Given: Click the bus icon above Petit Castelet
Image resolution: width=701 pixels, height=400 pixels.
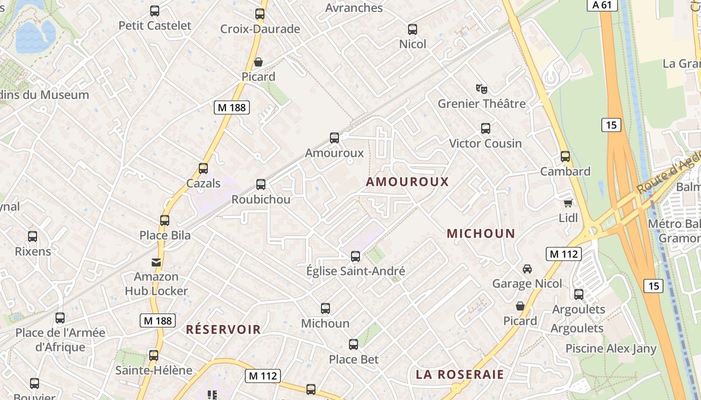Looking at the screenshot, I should coord(155,11).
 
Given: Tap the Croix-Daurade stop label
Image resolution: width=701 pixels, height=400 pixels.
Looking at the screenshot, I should coord(260,29).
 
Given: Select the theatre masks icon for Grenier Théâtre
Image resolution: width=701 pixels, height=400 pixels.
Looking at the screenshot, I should coord(482,89).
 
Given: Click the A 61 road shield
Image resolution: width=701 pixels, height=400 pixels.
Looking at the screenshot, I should coord(602,5).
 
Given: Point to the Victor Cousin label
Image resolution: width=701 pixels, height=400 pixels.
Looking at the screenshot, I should coord(485,143).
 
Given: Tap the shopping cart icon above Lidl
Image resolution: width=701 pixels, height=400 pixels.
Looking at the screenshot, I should coord(568,203).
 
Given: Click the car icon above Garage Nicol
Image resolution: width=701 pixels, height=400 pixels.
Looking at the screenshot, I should coord(527,269).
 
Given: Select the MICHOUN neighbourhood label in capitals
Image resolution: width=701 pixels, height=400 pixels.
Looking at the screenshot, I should coord(481,233).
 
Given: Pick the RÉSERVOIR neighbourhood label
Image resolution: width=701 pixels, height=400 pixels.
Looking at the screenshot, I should coord(223,329).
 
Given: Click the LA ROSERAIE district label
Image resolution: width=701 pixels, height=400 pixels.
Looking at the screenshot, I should coord(460,374).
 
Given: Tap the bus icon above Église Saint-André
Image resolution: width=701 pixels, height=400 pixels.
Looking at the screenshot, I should coord(356,256).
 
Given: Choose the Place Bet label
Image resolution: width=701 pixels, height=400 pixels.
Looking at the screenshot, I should coord(354,359).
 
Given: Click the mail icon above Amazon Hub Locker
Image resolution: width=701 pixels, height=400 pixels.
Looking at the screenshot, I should coord(156,262).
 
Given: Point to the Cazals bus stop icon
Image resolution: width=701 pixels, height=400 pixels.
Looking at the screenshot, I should coord(203,168).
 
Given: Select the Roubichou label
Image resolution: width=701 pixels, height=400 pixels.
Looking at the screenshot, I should coord(261,199).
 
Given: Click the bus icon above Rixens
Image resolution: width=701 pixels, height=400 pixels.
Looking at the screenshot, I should coord(33,236).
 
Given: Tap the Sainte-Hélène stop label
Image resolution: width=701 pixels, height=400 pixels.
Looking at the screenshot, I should coord(154,370).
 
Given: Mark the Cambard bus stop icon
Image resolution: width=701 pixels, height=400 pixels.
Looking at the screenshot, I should coord(565,156).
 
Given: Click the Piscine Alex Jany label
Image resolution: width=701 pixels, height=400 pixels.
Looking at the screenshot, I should coord(611,348).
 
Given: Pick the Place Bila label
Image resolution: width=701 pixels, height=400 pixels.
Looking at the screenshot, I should coord(165,235).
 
